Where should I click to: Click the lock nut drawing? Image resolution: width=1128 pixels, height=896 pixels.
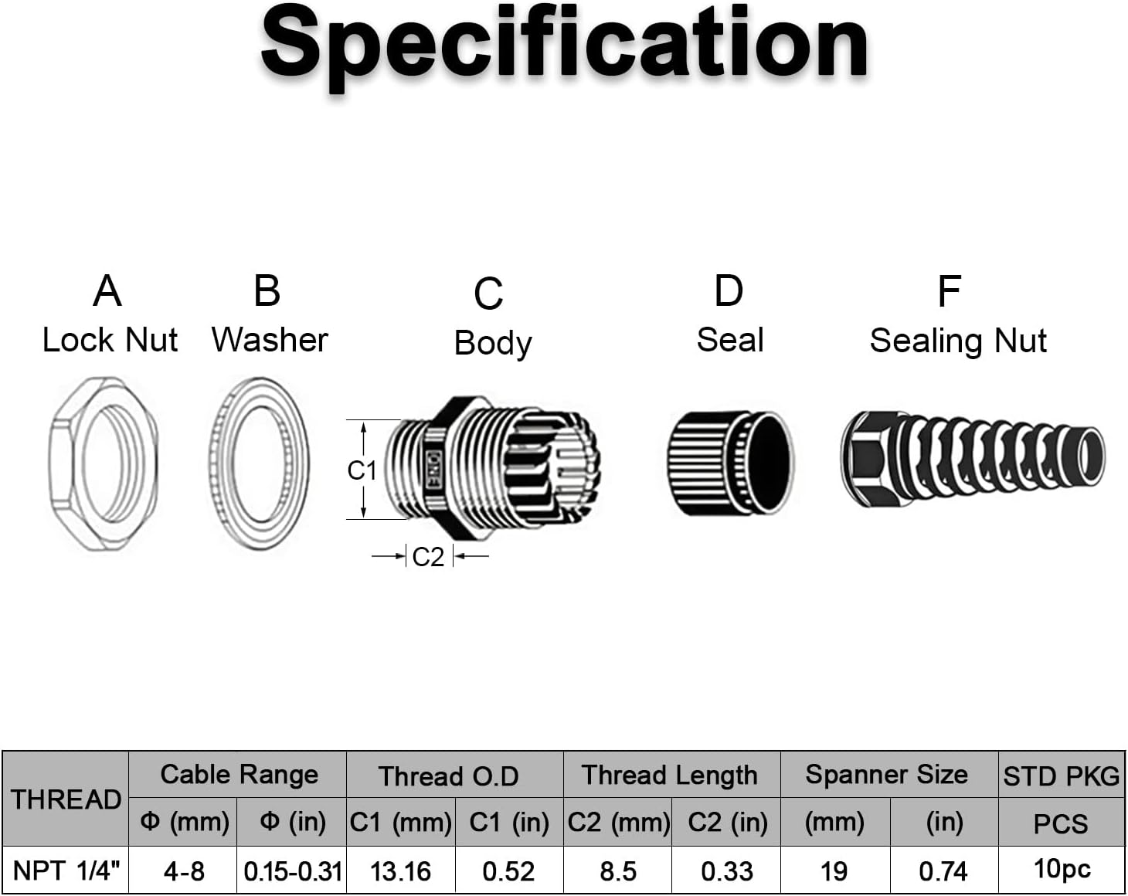click(x=103, y=463)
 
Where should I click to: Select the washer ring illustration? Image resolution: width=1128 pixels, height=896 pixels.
click(x=259, y=463)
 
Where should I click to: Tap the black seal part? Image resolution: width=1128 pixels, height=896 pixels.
click(x=730, y=463)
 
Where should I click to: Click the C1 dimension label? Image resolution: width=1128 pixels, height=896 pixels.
click(x=362, y=470)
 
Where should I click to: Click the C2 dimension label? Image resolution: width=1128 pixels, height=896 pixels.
click(x=428, y=557)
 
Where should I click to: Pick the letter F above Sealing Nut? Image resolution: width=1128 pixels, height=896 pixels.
click(x=949, y=292)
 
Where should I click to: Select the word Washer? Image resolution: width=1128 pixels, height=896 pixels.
click(x=270, y=340)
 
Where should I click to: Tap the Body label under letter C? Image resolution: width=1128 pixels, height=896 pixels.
click(x=493, y=343)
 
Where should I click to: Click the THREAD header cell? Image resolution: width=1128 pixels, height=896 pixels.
click(x=66, y=799)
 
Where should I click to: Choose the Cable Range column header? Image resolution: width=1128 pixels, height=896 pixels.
click(x=239, y=775)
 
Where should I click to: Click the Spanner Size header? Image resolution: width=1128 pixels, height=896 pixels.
click(x=886, y=775)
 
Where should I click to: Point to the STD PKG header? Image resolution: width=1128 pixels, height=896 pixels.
click(x=1061, y=776)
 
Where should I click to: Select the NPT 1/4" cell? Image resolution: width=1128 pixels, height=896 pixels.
click(x=66, y=871)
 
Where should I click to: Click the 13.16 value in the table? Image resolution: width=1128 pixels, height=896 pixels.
click(x=400, y=871)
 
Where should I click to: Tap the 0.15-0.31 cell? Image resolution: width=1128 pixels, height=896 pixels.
click(x=292, y=871)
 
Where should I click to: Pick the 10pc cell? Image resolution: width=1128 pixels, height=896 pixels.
click(x=1062, y=870)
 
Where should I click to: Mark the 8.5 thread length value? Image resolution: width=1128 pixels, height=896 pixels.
click(x=618, y=871)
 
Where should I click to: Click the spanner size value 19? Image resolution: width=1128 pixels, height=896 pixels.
click(x=834, y=871)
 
